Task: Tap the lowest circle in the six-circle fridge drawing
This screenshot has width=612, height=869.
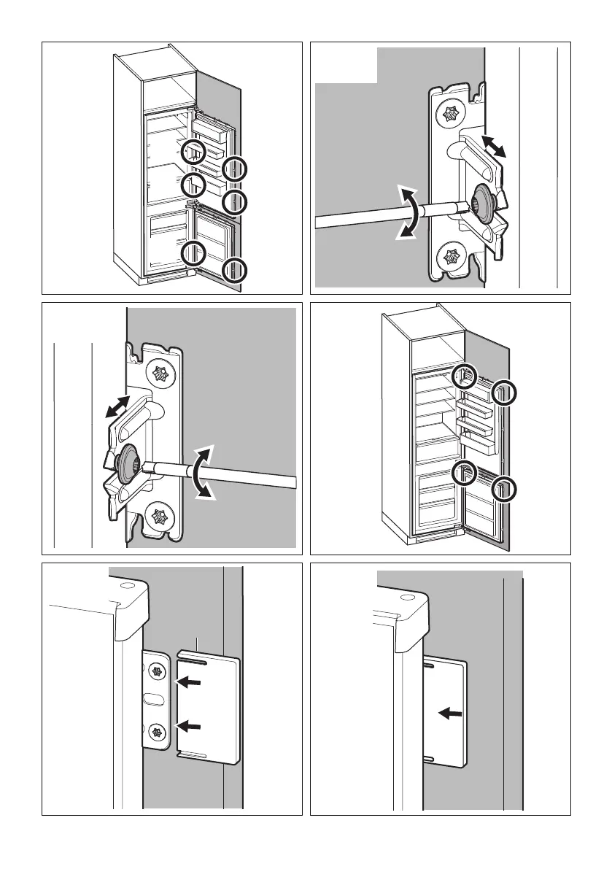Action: [x=236, y=270]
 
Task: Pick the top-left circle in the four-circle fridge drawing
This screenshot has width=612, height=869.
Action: [x=464, y=377]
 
